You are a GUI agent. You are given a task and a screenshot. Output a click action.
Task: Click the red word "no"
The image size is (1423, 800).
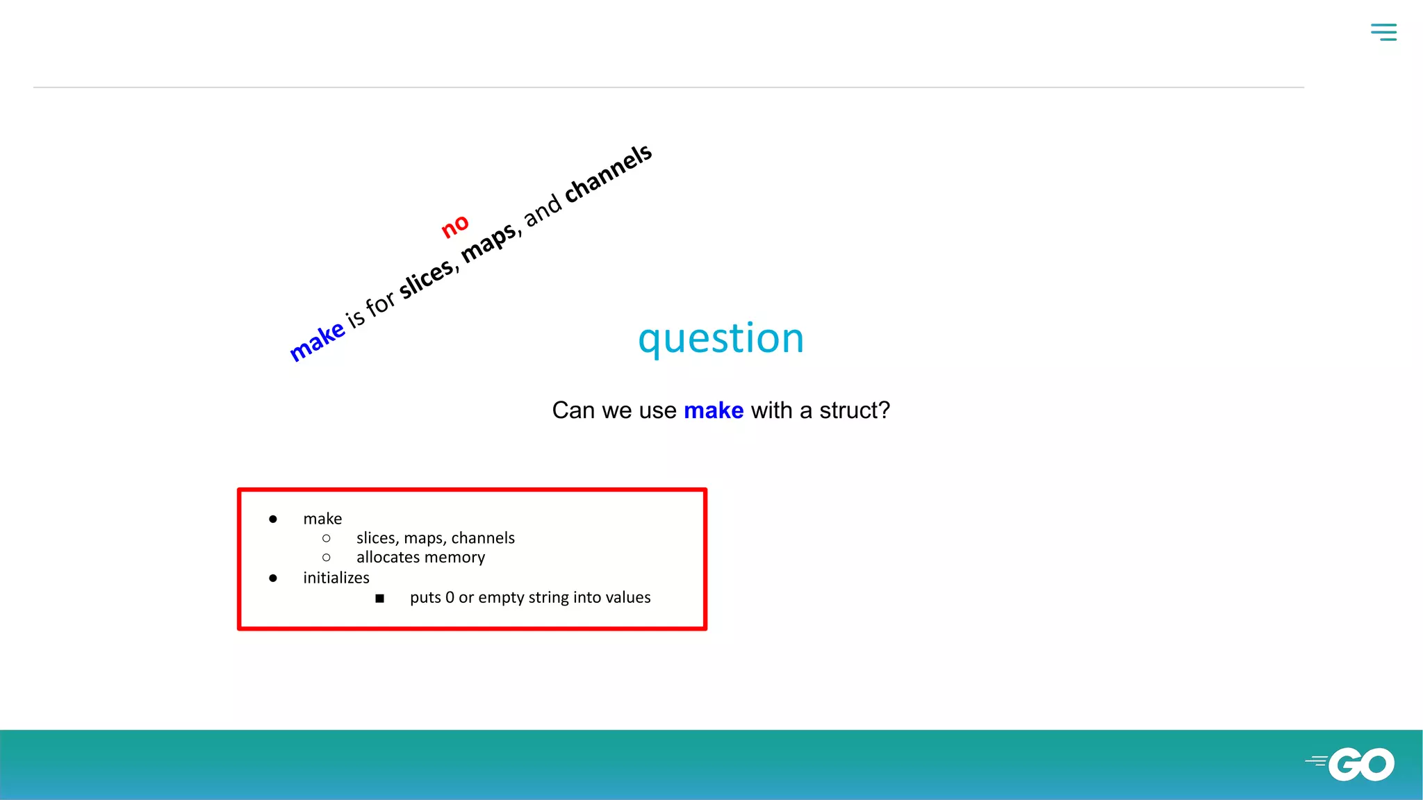pyautogui.click(x=455, y=226)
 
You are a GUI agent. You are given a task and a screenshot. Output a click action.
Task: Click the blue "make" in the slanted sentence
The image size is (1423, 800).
pyautogui.click(x=317, y=340)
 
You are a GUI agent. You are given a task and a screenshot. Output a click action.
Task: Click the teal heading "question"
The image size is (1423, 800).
pyautogui.click(x=721, y=339)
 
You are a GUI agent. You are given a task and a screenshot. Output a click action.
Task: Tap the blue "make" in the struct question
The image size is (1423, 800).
pyautogui.click(x=714, y=410)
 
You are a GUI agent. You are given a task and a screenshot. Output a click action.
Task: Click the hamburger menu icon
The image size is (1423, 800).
pyautogui.click(x=1383, y=32)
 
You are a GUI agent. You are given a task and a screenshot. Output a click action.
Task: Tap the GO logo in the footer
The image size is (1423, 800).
pyautogui.click(x=1351, y=765)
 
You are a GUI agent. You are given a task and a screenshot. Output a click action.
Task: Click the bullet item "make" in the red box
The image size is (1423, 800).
pyautogui.click(x=322, y=519)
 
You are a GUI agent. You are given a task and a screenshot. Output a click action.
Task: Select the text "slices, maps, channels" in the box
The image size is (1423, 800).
pyautogui.click(x=435, y=538)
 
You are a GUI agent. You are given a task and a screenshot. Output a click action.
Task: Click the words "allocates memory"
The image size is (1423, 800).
pyautogui.click(x=420, y=558)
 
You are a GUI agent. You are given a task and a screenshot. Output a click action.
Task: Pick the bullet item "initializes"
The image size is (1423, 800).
pyautogui.click(x=336, y=578)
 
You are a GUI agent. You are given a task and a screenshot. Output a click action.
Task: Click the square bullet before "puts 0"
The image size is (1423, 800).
pyautogui.click(x=379, y=598)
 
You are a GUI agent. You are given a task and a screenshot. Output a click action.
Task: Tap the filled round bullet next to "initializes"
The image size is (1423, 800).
pyautogui.click(x=273, y=578)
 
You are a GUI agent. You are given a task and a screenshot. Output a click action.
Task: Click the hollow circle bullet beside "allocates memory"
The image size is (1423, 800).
pyautogui.click(x=327, y=558)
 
